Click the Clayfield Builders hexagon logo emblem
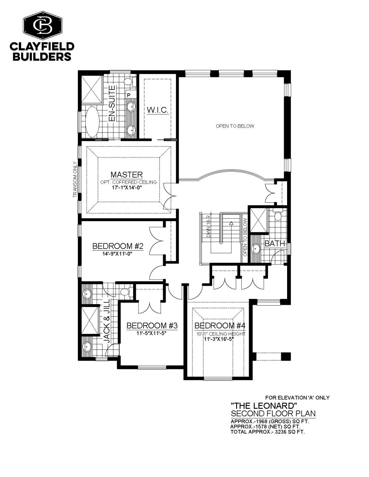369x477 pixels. pyautogui.click(x=42, y=26)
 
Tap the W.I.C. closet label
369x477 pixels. pyautogui.click(x=158, y=110)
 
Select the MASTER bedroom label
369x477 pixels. pyautogui.click(x=127, y=174)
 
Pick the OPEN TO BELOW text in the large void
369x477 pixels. pyautogui.click(x=235, y=126)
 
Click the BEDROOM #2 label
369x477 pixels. pyautogui.click(x=118, y=246)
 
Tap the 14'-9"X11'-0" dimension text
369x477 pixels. pyautogui.click(x=118, y=254)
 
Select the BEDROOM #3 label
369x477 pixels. pyautogui.click(x=152, y=325)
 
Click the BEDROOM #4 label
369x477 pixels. pyautogui.click(x=220, y=325)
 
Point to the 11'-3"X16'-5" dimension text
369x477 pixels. pyautogui.click(x=218, y=339)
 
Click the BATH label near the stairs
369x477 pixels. pyautogui.click(x=275, y=243)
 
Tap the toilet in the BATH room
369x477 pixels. pyautogui.click(x=278, y=215)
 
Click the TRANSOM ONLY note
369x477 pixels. pyautogui.click(x=75, y=180)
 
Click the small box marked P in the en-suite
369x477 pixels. pyautogui.click(x=129, y=95)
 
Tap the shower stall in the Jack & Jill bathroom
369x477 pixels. pyautogui.click(x=90, y=321)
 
